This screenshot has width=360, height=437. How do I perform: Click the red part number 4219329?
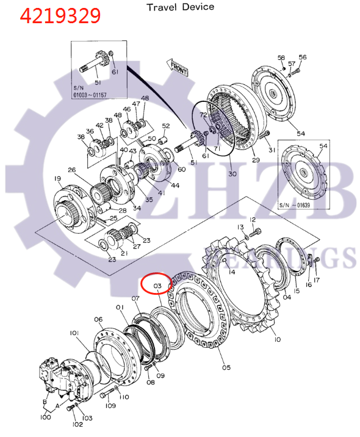tap(60, 15)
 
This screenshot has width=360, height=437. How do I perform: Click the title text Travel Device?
tap(180, 7)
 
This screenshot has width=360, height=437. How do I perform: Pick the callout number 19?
tap(57, 179)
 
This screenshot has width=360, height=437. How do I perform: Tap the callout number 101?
tap(74, 333)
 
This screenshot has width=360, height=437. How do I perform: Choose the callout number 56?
tap(303, 57)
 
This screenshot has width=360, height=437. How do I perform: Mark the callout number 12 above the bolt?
tap(253, 219)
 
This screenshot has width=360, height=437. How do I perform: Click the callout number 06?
tap(98, 320)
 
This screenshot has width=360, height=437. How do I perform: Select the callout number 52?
tap(165, 126)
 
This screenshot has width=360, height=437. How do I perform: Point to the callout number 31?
tap(272, 151)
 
